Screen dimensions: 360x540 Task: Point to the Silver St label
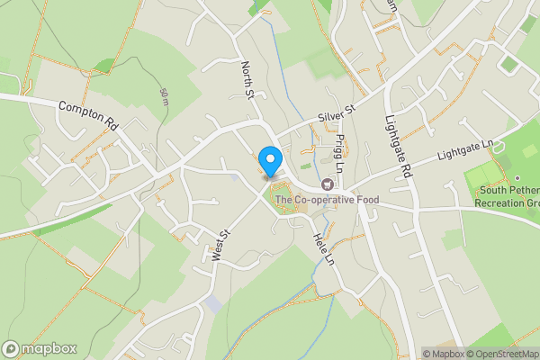[337, 114]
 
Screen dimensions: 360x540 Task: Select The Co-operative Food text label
[327, 200]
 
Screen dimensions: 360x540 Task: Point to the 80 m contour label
[164, 97]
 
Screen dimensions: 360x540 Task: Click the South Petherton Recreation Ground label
[508, 196]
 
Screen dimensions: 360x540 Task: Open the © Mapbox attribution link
[443, 353]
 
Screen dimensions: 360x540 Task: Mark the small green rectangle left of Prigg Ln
[305, 166]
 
